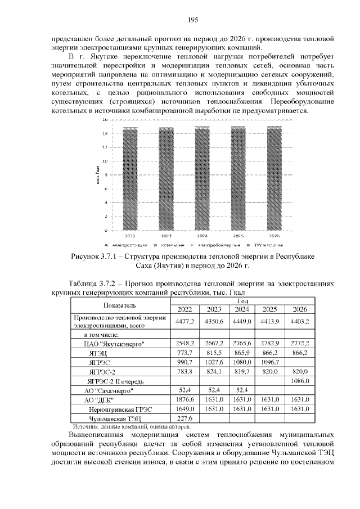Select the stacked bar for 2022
[130, 178]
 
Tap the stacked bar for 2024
[202, 178]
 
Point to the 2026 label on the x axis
[274, 236]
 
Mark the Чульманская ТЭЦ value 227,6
[184, 418]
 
